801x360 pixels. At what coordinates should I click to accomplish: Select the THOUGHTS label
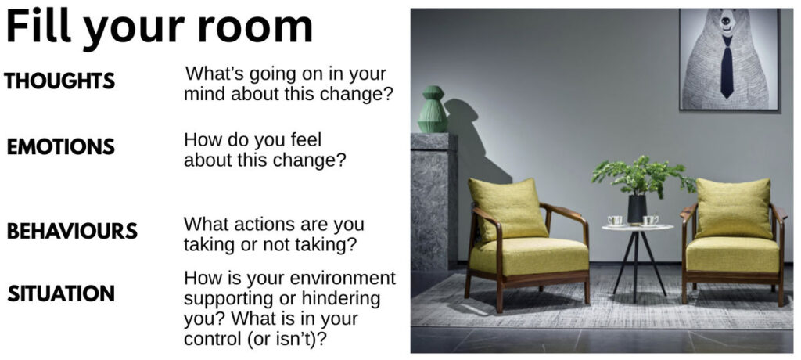59,81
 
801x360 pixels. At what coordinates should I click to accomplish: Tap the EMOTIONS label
61,147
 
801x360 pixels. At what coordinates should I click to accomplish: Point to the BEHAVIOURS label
72,231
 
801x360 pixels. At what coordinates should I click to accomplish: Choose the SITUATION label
61,293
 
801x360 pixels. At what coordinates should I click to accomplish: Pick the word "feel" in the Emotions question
306,139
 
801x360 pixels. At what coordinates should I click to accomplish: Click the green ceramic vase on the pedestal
433,110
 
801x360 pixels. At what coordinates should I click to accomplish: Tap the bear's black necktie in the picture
727,67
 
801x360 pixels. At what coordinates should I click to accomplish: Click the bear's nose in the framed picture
725,20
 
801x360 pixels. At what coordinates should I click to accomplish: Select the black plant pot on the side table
637,209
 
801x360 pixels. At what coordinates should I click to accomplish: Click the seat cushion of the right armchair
733,254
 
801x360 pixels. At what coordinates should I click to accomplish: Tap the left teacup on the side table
615,221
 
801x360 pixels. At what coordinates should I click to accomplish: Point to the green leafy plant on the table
643,176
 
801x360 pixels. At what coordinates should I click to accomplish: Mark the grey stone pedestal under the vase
434,201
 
